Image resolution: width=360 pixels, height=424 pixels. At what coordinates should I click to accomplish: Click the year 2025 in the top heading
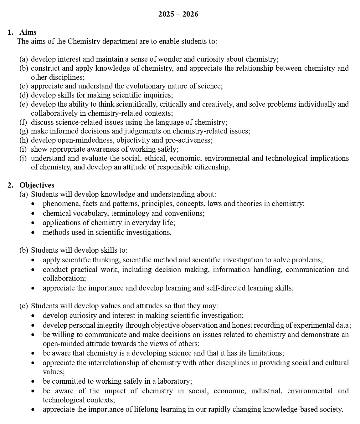166,14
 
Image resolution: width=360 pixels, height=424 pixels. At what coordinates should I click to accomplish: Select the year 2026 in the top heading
190,14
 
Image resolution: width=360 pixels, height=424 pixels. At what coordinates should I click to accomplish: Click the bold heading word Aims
28,32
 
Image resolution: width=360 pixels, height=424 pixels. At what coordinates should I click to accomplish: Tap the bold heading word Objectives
37,185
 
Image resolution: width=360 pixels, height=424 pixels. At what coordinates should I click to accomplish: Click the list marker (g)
24,131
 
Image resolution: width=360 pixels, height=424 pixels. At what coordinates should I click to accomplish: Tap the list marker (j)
23,158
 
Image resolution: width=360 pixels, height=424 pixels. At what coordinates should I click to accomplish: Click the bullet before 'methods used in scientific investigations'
33,233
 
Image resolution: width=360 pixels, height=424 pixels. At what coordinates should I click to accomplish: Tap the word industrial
266,391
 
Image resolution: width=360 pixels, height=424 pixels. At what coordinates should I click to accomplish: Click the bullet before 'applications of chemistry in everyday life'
33,223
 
